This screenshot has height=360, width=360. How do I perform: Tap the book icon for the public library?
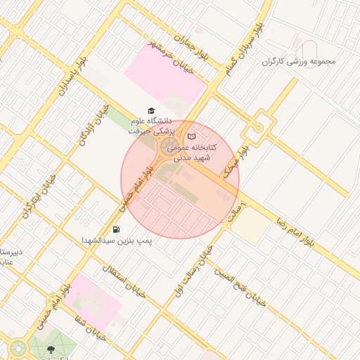(x=192, y=136)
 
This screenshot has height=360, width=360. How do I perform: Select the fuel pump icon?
(x=115, y=229)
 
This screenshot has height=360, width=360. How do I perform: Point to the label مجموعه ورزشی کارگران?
(x=299, y=61)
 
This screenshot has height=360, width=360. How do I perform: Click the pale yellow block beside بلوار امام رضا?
(x=250, y=227)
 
